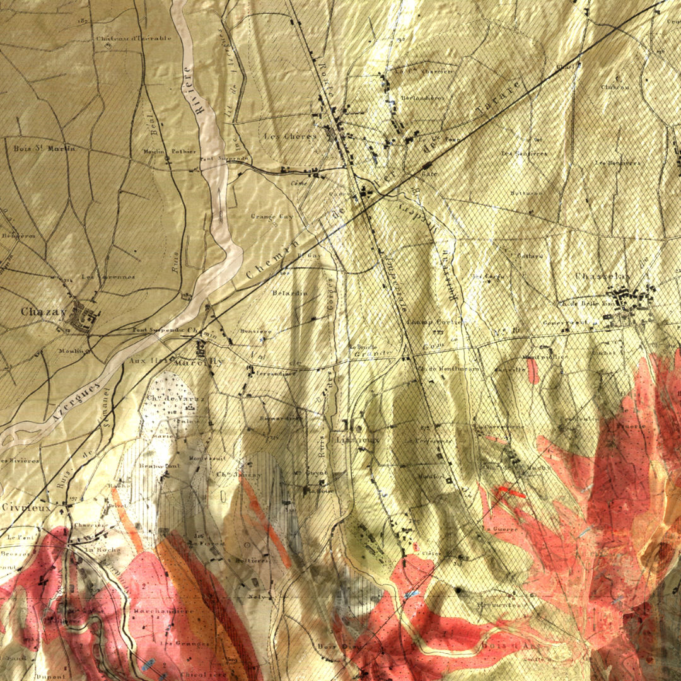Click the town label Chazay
[44, 311]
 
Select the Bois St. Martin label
[44, 149]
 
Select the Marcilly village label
[207, 362]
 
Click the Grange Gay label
[272, 216]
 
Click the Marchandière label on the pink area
[163, 611]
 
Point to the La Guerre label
[496, 528]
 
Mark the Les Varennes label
[108, 277]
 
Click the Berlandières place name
[422, 98]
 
